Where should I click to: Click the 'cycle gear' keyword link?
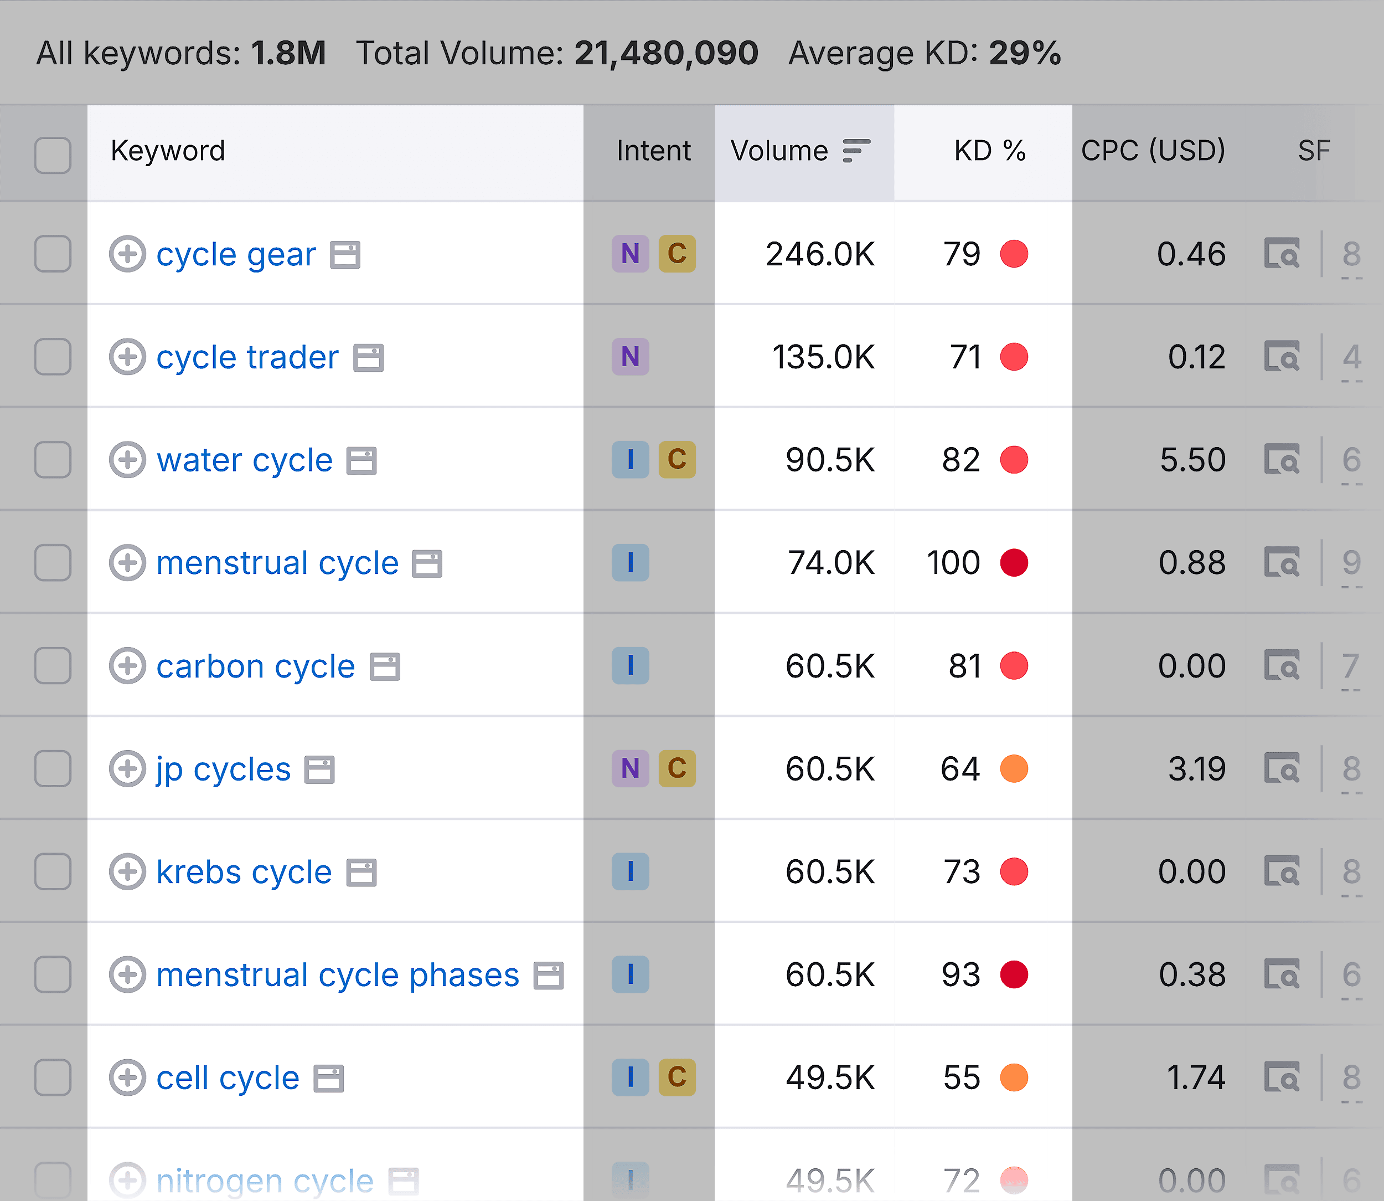click(x=236, y=255)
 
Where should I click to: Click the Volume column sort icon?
click(x=856, y=151)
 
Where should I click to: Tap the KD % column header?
click(x=989, y=151)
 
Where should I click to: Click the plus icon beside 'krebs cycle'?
click(x=127, y=872)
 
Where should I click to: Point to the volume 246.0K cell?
click(x=820, y=255)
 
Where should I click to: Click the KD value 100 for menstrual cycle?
click(x=953, y=563)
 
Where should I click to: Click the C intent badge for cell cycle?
click(x=676, y=1077)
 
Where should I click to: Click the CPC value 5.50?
click(x=1192, y=460)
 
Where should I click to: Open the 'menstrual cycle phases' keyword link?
click(x=338, y=975)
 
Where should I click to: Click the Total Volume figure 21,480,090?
click(x=666, y=53)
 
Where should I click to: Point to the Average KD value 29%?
click(x=1025, y=53)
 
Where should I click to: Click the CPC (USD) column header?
click(x=1153, y=151)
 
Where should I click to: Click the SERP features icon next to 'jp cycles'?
click(x=319, y=769)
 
